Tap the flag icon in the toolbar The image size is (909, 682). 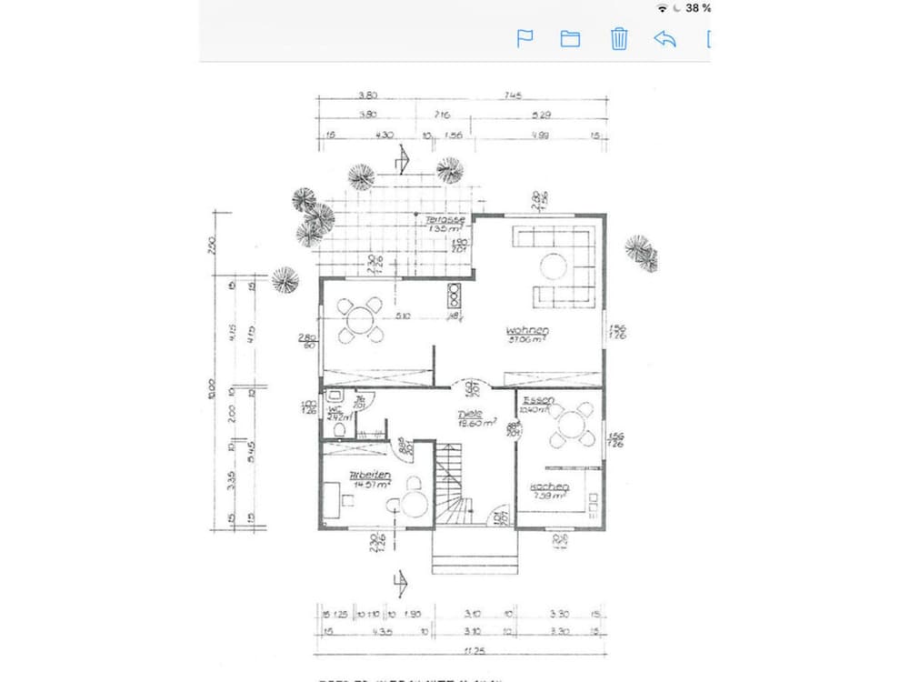coord(524,38)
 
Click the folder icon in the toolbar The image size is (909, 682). coord(570,38)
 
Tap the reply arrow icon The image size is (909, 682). coord(664,38)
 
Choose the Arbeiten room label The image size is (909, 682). coord(370,476)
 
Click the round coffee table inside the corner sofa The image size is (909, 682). coord(554,265)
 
